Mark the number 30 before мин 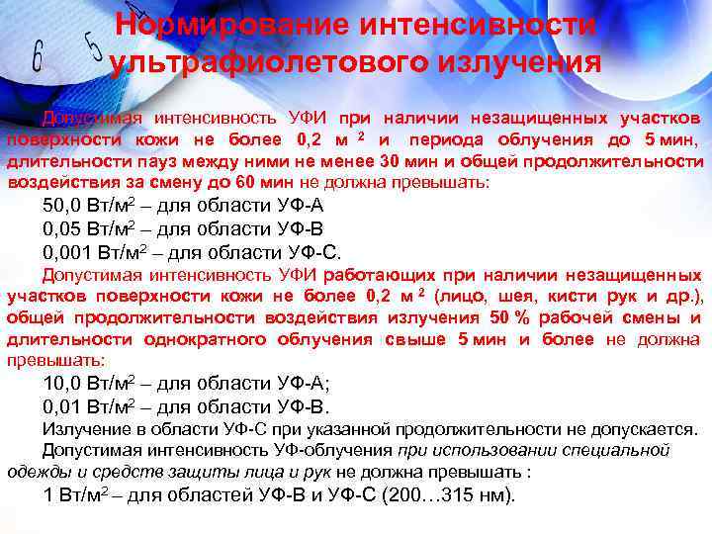tap(390, 161)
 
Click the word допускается tap(647, 430)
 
